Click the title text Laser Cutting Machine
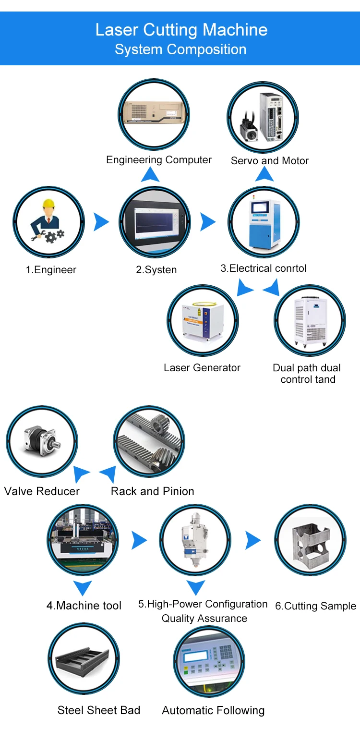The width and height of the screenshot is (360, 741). (x=181, y=30)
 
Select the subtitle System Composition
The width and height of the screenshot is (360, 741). (x=180, y=49)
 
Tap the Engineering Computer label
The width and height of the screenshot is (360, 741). (x=159, y=160)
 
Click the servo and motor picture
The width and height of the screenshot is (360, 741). (x=263, y=118)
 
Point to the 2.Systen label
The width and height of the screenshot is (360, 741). (x=156, y=270)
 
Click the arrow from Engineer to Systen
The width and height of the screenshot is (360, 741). (x=101, y=222)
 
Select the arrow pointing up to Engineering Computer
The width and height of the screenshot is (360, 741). (x=150, y=175)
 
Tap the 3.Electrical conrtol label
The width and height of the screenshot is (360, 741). (x=263, y=268)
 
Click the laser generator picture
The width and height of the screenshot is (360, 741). (x=203, y=320)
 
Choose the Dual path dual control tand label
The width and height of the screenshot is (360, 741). (x=307, y=374)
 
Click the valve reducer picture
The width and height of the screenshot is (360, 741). (x=41, y=441)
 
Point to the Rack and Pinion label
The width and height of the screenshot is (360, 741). (x=152, y=491)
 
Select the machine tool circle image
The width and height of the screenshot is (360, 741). (x=83, y=540)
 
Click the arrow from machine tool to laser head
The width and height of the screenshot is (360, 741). (x=139, y=540)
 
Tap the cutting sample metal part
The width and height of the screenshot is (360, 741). (x=310, y=540)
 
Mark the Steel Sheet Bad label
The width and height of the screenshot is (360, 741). (x=99, y=710)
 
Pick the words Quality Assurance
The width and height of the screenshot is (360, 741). (x=204, y=619)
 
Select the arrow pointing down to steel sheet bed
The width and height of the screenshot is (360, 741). (x=83, y=588)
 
